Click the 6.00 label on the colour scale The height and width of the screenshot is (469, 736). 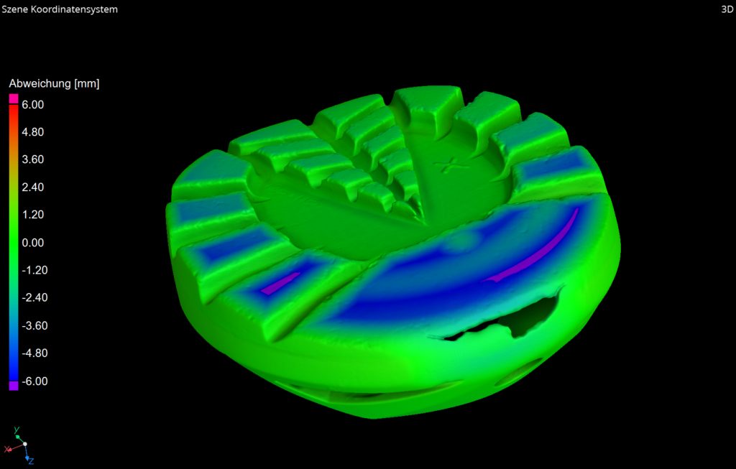[x=32, y=105]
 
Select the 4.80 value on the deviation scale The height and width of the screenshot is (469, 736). [x=32, y=132]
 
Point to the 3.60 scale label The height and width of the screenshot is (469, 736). [x=32, y=159]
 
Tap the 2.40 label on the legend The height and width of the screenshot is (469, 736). [x=32, y=187]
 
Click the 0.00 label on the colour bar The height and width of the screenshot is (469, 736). [x=32, y=243]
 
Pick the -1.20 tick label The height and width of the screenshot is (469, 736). [x=34, y=270]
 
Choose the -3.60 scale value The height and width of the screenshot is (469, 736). [x=34, y=325]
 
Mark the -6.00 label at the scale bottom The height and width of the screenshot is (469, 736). [x=34, y=381]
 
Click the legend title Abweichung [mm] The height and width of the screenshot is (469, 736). [x=54, y=84]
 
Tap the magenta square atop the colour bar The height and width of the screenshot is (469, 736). [x=14, y=98]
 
